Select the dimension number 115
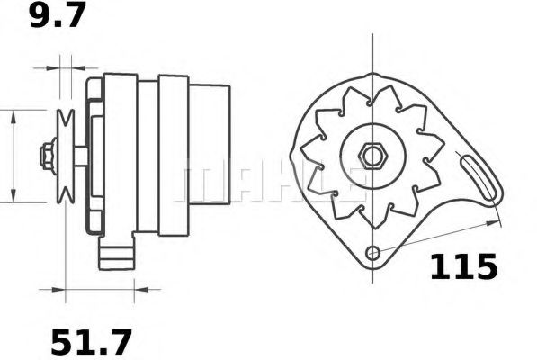[462, 267]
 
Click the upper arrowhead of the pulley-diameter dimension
[13, 114]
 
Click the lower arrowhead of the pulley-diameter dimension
[13, 196]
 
